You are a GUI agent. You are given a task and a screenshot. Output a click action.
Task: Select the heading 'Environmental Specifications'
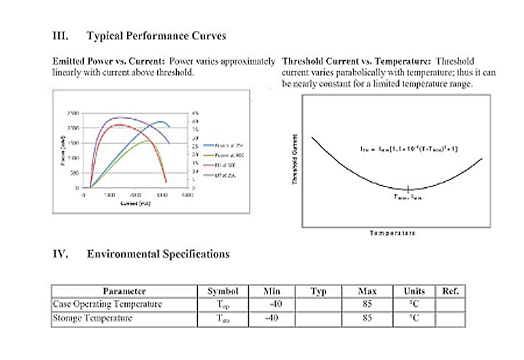click(x=158, y=253)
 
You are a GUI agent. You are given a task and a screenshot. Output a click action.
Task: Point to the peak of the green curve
click(x=147, y=140)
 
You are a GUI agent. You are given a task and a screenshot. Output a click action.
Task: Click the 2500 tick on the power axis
click(x=73, y=113)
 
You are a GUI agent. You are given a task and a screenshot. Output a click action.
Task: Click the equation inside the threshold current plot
click(x=409, y=149)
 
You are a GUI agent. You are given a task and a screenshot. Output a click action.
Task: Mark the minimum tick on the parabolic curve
click(x=407, y=189)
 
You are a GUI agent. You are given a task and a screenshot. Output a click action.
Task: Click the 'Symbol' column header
click(x=223, y=291)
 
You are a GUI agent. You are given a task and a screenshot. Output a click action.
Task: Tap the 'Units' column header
click(x=414, y=291)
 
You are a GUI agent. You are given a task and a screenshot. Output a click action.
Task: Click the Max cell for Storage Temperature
click(x=367, y=319)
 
